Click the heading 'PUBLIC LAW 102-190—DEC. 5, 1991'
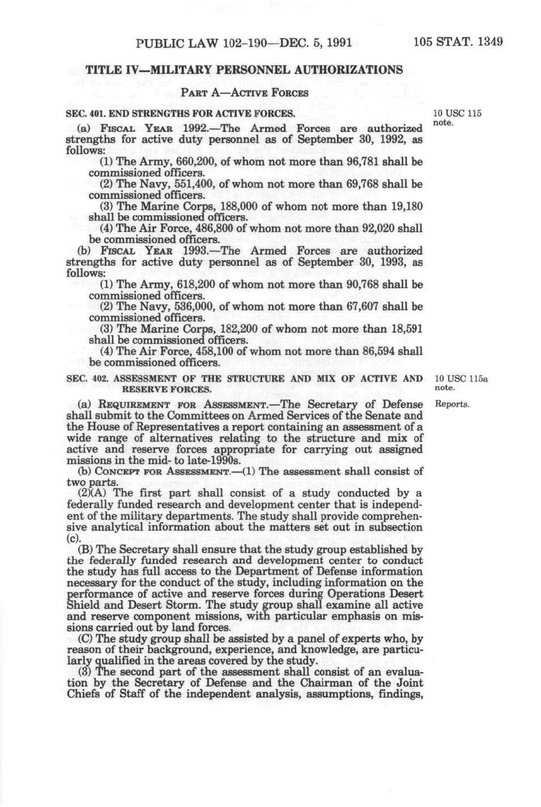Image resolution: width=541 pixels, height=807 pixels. (x=243, y=42)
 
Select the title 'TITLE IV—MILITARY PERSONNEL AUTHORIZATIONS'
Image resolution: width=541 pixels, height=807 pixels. (x=244, y=70)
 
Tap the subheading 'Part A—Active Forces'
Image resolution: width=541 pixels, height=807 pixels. (x=244, y=93)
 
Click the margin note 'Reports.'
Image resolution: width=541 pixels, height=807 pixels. (x=452, y=404)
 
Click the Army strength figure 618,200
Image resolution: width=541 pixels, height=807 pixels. (x=194, y=284)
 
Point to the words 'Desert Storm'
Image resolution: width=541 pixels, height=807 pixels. (x=171, y=605)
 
